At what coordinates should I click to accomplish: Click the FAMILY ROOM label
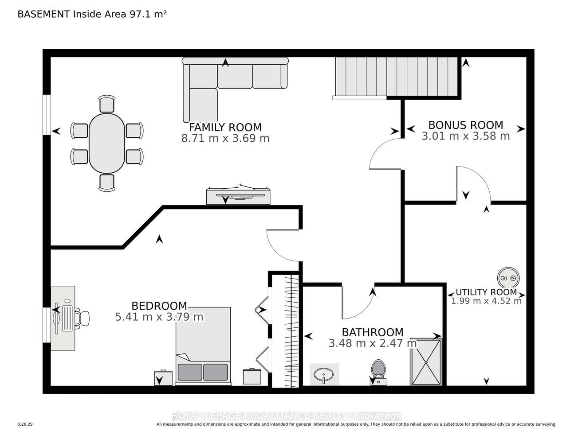click(x=225, y=128)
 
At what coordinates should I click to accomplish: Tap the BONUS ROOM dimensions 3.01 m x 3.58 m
click(x=465, y=136)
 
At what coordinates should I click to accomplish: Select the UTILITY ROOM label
click(x=486, y=292)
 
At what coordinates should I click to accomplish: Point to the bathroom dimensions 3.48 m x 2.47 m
click(x=373, y=343)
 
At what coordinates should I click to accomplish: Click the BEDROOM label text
click(x=159, y=306)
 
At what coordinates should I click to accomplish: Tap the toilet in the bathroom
click(x=378, y=372)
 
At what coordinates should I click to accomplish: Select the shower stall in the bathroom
click(x=426, y=362)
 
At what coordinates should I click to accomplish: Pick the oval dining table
click(x=107, y=143)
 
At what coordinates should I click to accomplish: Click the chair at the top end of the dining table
click(x=107, y=104)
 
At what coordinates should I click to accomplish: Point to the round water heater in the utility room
click(x=508, y=278)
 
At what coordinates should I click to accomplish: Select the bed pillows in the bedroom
click(x=203, y=372)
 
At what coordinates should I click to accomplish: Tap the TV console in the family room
click(x=238, y=195)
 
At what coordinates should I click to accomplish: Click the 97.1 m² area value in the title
click(x=148, y=14)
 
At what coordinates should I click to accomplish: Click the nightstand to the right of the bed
click(x=252, y=376)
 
